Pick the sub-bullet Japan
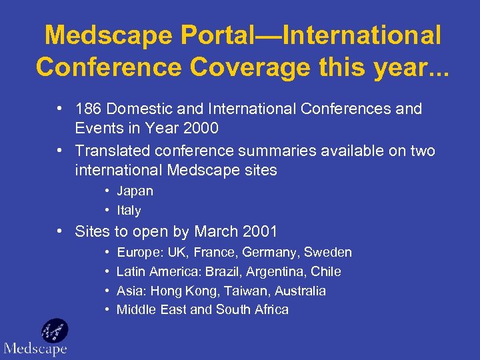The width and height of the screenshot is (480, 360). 135,191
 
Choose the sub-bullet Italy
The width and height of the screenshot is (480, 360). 129,211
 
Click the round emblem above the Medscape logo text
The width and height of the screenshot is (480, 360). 54,331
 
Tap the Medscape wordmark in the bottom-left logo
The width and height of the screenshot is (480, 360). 35,349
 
